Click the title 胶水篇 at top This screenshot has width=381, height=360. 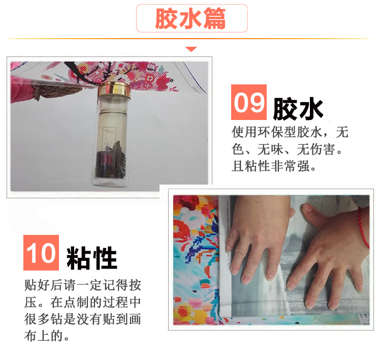tap(191, 19)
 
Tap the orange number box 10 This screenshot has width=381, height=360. tap(41, 253)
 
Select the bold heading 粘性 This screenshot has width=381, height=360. tap(91, 258)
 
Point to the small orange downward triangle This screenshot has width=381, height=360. tap(191, 49)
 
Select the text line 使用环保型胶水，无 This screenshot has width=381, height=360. tap(290, 133)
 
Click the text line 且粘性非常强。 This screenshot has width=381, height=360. tap(274, 166)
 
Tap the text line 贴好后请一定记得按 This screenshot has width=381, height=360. tap(82, 284)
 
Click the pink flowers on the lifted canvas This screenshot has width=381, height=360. tap(152, 76)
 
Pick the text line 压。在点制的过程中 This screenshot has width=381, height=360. tap(82, 302)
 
